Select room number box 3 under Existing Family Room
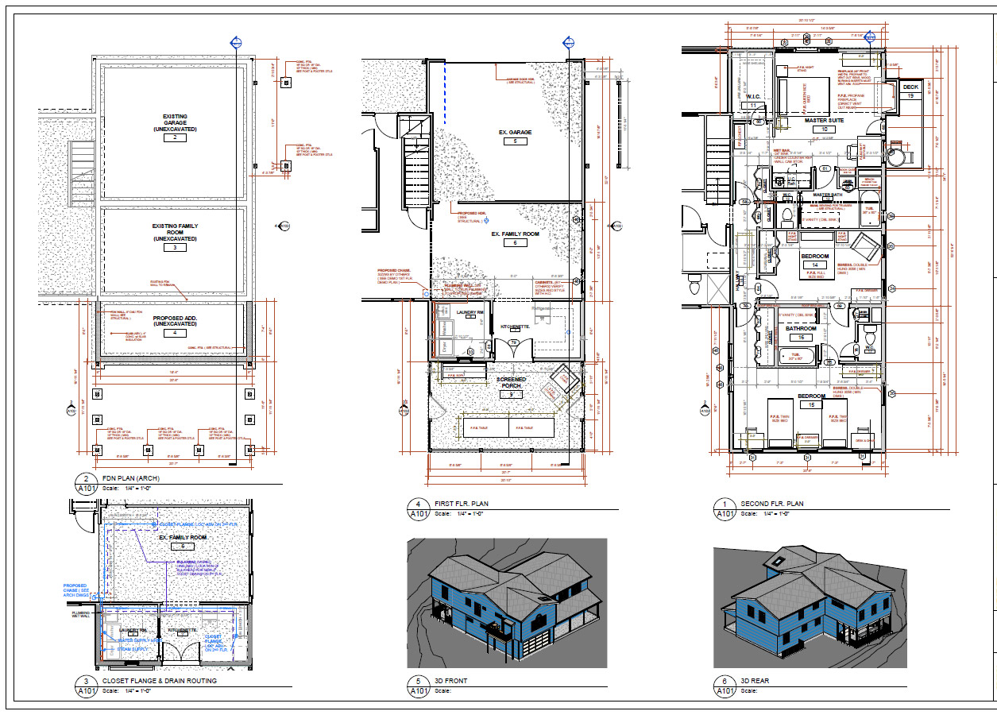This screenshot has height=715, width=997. (175, 247)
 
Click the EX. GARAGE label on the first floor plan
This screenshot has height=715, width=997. (515, 132)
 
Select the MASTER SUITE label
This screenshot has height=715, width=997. (825, 120)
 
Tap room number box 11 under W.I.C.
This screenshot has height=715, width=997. (754, 105)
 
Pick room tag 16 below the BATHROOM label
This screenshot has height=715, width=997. (801, 338)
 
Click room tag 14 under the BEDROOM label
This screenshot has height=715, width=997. (814, 265)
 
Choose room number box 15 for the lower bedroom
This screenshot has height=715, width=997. (812, 404)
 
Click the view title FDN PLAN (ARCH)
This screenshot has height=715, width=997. (129, 478)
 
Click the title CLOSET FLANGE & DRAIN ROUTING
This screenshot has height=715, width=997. (159, 681)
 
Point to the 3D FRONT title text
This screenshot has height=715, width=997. (452, 681)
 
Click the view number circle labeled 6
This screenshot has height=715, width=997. (724, 681)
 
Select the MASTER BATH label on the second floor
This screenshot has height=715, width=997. (829, 195)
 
